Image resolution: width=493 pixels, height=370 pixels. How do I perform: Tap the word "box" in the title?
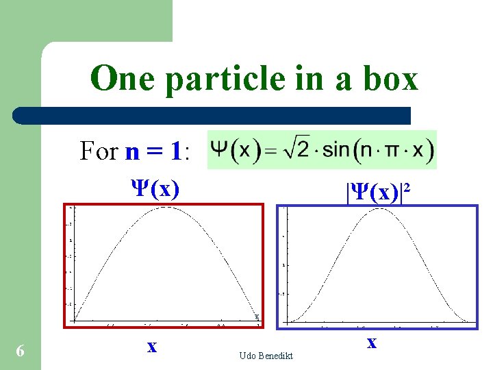coord(391,78)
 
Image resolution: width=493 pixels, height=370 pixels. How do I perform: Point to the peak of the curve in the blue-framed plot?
coord(378,209)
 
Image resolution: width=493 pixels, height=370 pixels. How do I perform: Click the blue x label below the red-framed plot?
coord(152,347)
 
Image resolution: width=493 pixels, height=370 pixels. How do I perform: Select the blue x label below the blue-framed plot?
coord(371,342)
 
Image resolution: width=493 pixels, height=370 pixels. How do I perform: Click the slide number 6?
coord(21,351)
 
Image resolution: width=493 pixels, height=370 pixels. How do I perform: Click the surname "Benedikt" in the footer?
coord(276,356)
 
